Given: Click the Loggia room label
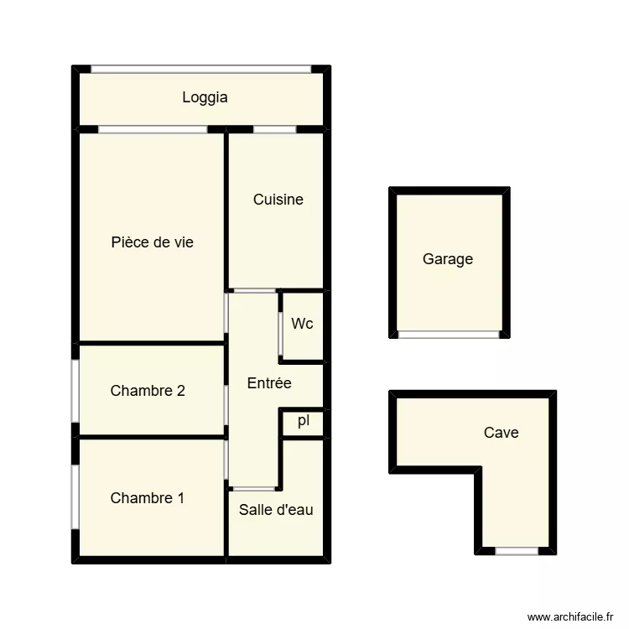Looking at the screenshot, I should pos(205,97).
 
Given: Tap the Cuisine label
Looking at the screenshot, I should pos(278,200).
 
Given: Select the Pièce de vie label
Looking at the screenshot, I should pos(152,242).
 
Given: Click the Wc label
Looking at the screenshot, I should pos(302,323).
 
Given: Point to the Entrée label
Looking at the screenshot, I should pos(269,383).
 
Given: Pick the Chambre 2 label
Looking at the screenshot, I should pos(148,390).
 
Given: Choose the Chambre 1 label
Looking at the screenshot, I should pos(147,498).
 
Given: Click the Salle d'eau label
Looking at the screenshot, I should pos(276,509).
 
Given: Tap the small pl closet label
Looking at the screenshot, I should pos(303,421).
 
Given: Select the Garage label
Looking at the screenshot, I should pos(447,259).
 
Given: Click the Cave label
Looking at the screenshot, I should pos(501,433).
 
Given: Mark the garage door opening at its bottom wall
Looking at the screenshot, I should pos(448,334).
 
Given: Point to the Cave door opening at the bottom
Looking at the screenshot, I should pos(516,551).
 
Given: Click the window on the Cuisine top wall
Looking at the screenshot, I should pos(274,129).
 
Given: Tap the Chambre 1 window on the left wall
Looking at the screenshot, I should pos(75,496).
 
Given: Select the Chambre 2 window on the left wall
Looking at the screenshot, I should pos(75,390).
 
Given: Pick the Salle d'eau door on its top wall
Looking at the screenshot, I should pos(252,488).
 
